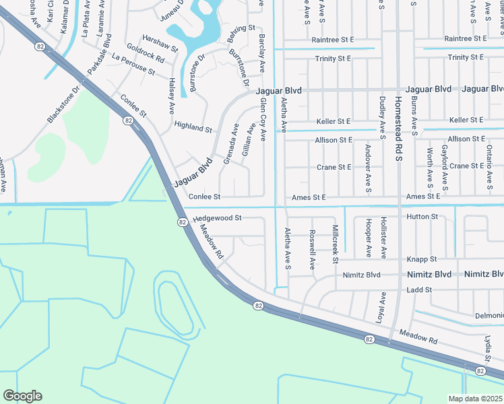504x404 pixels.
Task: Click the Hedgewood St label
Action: [x=217, y=219]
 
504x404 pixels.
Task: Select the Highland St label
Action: [x=193, y=127]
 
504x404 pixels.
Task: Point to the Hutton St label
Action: [x=422, y=217]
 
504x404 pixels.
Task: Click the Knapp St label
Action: [x=422, y=259]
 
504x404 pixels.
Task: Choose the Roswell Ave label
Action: [x=312, y=250]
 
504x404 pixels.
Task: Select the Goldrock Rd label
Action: [x=145, y=53]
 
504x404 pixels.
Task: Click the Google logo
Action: [x=23, y=395]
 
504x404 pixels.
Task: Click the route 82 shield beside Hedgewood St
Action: [x=182, y=222]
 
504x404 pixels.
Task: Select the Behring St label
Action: [x=242, y=29]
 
